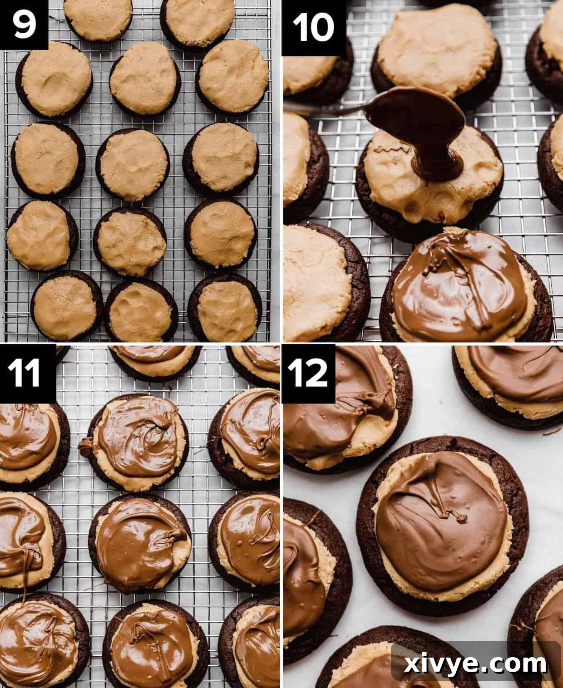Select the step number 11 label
tap(26, 373)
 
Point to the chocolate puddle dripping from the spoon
tap(436, 166)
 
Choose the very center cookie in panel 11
tap(141, 542)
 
